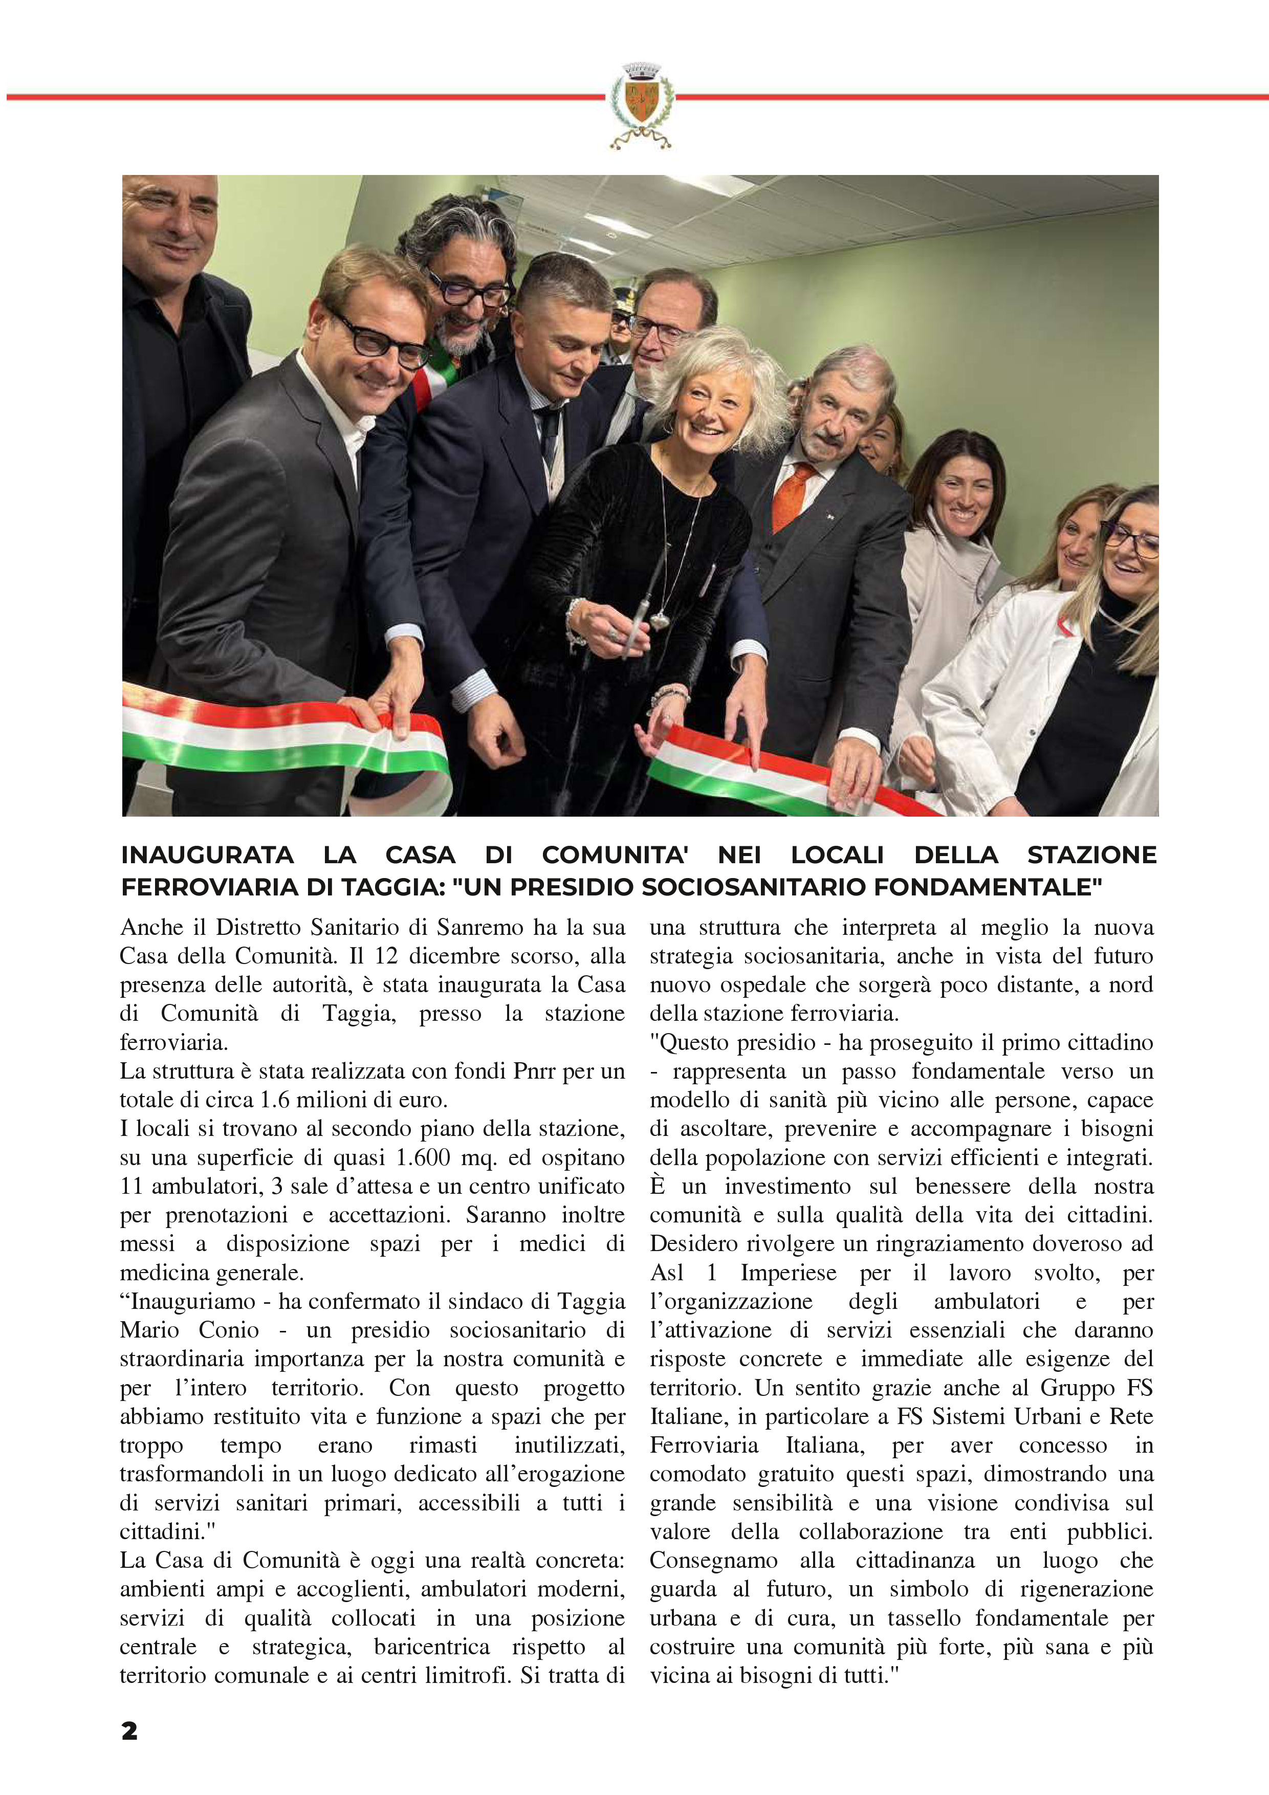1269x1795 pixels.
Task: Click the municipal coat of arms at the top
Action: (x=640, y=104)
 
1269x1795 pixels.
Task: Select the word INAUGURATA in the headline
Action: (x=207, y=855)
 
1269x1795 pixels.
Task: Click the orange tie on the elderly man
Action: (x=791, y=496)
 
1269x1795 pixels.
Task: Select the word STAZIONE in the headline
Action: (x=1091, y=855)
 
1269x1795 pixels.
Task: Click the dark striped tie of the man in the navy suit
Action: (x=548, y=434)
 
